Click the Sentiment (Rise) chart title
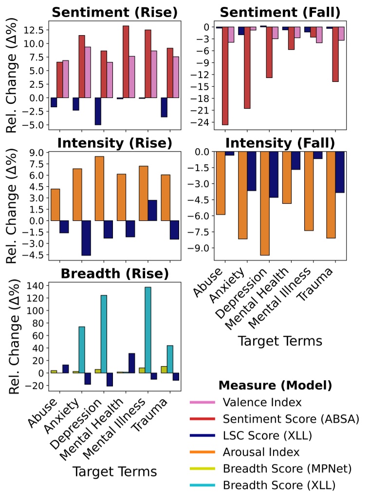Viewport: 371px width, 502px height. point(114,12)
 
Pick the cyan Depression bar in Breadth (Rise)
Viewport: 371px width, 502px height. point(103,334)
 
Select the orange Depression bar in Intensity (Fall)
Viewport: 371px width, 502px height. point(265,203)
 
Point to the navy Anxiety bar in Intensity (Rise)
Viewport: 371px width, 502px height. point(86,238)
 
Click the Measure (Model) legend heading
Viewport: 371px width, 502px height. point(275,386)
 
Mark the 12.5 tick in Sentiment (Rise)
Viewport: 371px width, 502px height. point(34,30)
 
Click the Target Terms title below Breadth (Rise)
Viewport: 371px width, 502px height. point(114,471)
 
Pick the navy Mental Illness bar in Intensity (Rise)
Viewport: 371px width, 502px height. point(152,210)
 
